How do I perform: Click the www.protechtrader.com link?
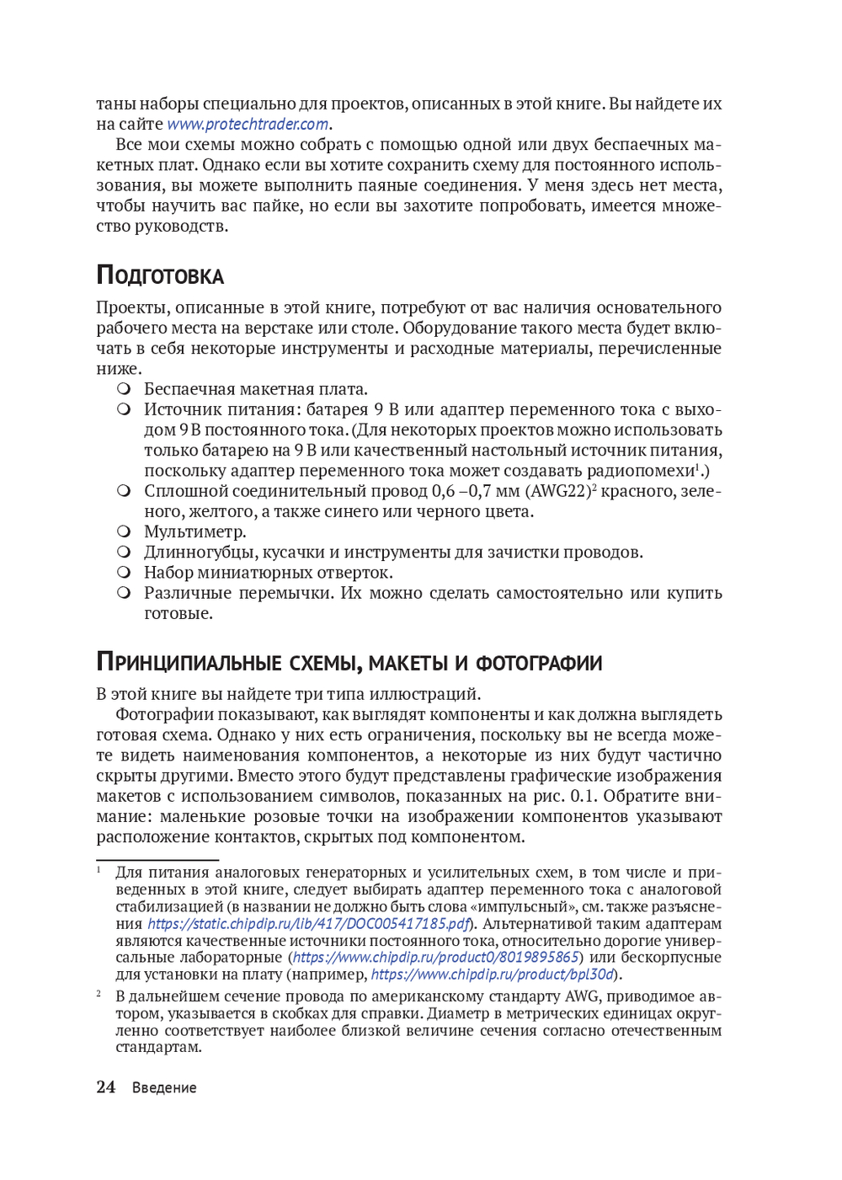coord(248,125)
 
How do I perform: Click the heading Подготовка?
coord(160,275)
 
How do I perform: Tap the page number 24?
coord(105,1087)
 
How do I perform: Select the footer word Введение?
coord(164,1087)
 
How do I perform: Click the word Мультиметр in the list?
coord(195,532)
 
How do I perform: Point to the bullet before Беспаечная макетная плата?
coord(124,389)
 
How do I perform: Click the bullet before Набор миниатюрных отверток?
coord(124,573)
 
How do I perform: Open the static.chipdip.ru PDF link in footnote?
coord(308,924)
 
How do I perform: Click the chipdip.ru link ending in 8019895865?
coord(435,958)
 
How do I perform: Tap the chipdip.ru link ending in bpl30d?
coord(493,974)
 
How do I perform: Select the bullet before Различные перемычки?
coord(124,593)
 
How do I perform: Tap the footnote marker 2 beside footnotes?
coord(99,994)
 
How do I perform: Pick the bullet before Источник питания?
coord(124,409)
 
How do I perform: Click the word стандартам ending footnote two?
coord(158,1048)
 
